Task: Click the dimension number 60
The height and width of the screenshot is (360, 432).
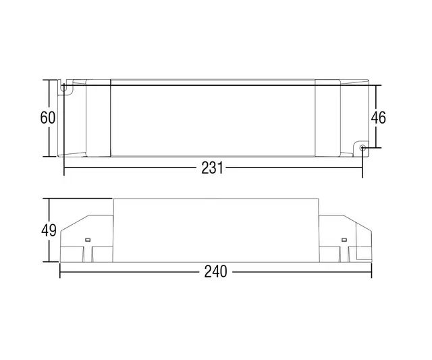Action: pos(47,118)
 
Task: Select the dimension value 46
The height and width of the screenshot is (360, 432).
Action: pos(378,118)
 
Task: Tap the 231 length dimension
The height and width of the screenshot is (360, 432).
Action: pos(211,169)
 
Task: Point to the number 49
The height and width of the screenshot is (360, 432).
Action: pos(47,230)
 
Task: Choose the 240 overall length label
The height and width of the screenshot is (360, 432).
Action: pos(215,272)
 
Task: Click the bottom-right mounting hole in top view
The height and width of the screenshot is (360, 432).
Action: pos(362,147)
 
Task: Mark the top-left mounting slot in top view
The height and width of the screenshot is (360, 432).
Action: pos(67,88)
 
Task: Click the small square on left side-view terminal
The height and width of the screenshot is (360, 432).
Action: pos(87,240)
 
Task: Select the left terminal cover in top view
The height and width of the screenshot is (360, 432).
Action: pos(99,118)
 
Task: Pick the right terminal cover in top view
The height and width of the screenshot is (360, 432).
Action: pos(328,118)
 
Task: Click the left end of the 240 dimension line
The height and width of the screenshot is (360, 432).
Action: pos(61,272)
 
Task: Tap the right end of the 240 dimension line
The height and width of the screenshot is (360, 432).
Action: pos(371,272)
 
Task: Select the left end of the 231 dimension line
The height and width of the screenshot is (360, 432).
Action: pos(64,169)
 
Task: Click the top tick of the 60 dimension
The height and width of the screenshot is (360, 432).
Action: pos(49,80)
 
